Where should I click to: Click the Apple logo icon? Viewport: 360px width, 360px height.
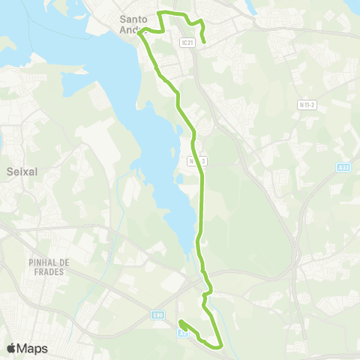point(11,348)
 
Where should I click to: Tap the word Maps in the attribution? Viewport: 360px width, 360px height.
point(33,348)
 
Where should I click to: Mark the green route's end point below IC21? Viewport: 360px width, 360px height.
point(205,43)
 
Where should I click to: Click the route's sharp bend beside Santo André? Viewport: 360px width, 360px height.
point(139,32)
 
